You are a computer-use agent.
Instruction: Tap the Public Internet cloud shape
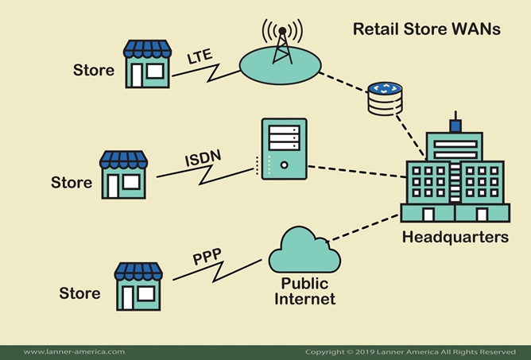point(304,253)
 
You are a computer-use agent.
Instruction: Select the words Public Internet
point(304,292)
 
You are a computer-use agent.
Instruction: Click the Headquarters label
point(455,237)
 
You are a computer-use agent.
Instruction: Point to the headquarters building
point(454,179)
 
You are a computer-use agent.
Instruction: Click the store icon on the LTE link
point(147,64)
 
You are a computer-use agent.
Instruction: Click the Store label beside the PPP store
point(80,293)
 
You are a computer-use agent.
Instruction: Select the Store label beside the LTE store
point(93,70)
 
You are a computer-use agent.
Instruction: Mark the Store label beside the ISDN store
point(72,182)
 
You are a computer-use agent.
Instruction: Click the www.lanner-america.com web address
point(74,351)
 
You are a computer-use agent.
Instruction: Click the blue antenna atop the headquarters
point(455,125)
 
